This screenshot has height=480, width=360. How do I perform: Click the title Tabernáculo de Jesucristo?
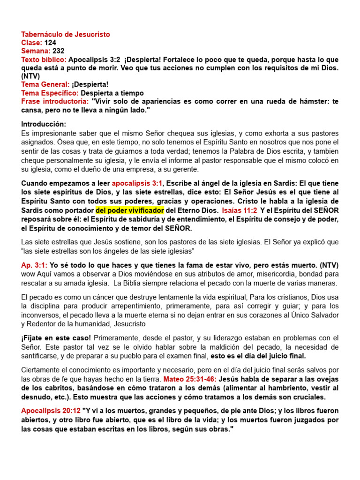pos(66,35)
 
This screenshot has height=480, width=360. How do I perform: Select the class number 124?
pos(51,43)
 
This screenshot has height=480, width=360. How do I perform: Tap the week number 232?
pos(59,51)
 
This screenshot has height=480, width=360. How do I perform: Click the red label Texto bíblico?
pos(44,60)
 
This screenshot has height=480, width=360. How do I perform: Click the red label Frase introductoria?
pos(54,101)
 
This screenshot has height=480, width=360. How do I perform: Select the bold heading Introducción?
pos(44,124)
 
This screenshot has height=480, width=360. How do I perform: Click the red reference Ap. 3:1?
pos(34,265)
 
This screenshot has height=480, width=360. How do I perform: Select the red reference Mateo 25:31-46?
pos(189,379)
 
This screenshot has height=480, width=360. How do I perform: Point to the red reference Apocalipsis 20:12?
pos(51,411)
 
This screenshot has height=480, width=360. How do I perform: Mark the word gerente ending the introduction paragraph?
pos(187,169)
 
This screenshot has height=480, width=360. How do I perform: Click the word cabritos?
pos(49,388)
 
